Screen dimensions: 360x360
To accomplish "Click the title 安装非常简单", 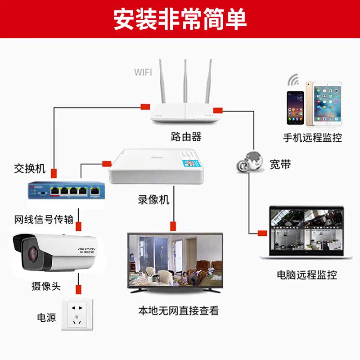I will (180, 19).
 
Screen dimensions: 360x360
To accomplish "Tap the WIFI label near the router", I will (143, 72).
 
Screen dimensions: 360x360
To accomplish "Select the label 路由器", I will (186, 136).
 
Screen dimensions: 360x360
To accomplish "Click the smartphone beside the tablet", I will (296, 108).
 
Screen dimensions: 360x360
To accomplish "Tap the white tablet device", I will (324, 104).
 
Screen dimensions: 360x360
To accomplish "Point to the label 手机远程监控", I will (312, 138).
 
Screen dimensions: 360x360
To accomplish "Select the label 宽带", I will (280, 164).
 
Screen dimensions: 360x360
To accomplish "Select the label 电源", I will (46, 317).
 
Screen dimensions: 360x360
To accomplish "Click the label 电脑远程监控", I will (307, 274).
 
